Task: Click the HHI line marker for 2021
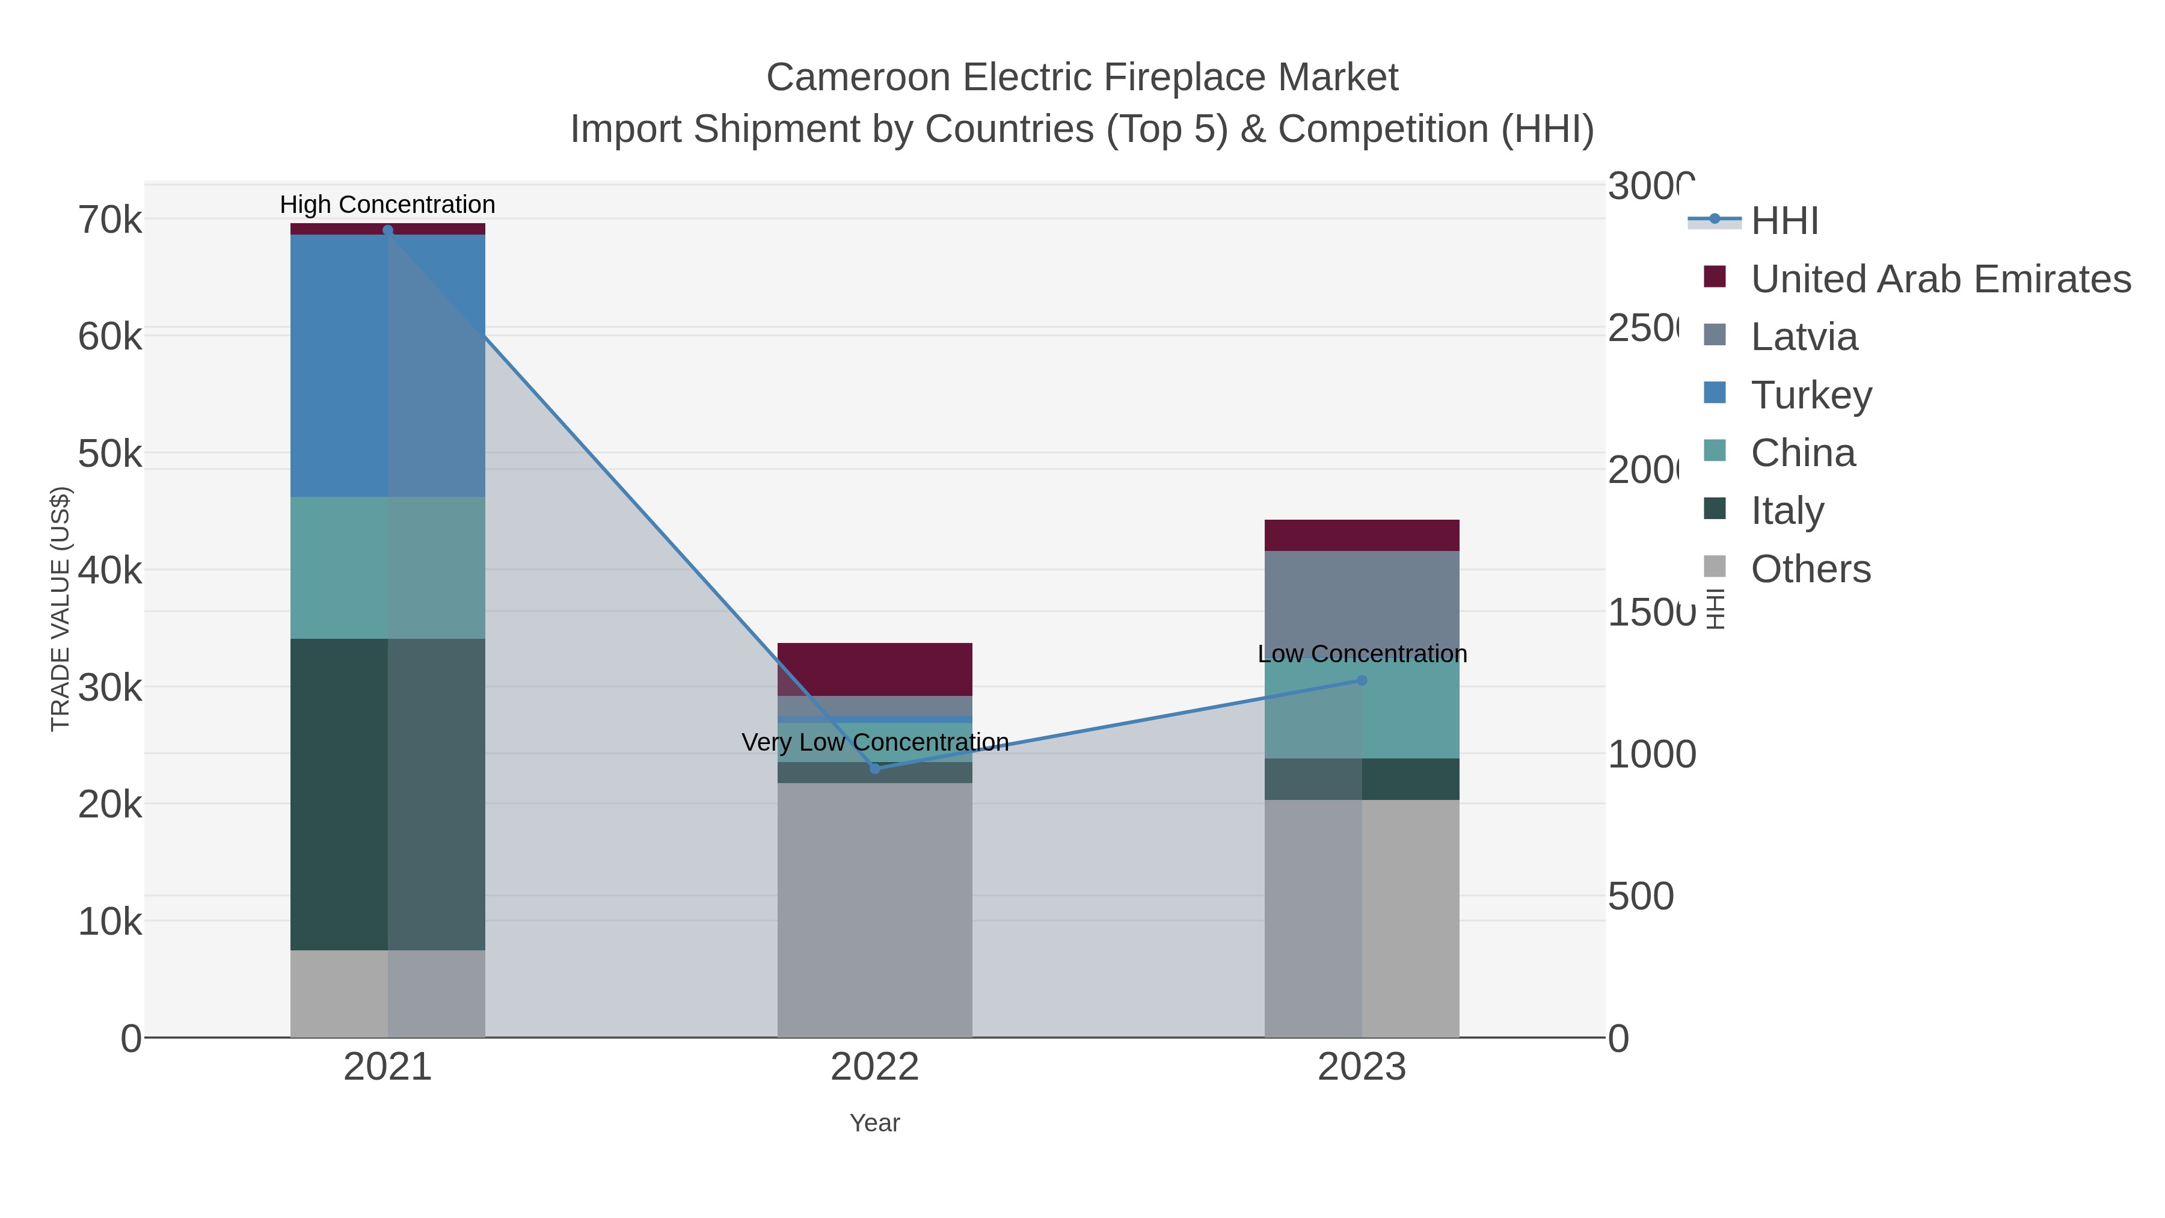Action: [x=387, y=230]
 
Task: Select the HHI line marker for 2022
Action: [x=875, y=768]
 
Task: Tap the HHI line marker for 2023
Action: [x=1362, y=680]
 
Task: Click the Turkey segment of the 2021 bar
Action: [x=387, y=366]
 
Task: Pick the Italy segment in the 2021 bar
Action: [x=387, y=795]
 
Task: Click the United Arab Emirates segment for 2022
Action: [x=875, y=669]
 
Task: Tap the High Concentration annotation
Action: [x=387, y=205]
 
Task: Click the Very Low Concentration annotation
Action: [x=875, y=742]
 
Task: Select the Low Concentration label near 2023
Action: [x=1362, y=653]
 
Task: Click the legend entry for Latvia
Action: [x=1804, y=336]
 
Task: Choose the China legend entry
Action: [x=1803, y=452]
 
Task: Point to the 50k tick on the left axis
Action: [x=110, y=454]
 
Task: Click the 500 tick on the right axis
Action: [x=1640, y=896]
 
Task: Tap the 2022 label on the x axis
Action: [x=875, y=1066]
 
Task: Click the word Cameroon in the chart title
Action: [x=858, y=78]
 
